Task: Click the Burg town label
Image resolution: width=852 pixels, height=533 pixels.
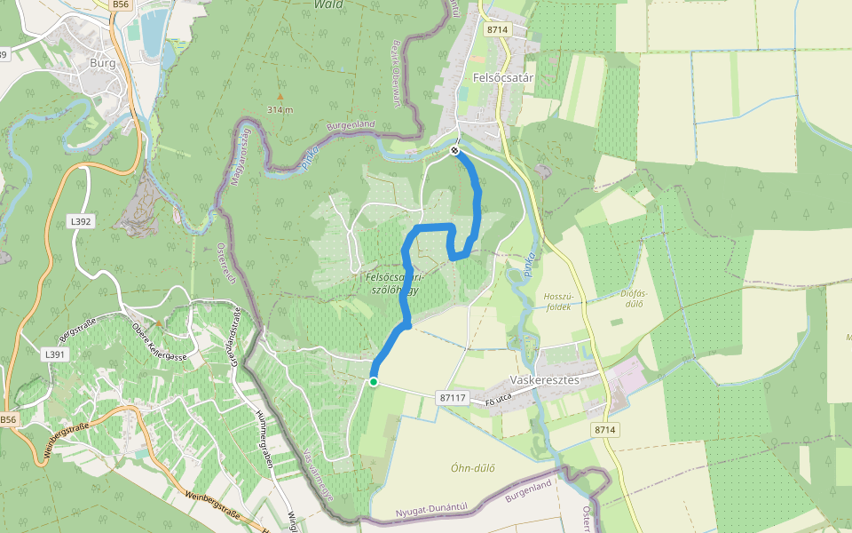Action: click(104, 64)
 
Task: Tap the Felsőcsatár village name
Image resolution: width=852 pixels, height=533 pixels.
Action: click(502, 78)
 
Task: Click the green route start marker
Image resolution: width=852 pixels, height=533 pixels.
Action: click(374, 382)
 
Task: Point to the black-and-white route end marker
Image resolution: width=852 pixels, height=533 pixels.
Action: click(454, 151)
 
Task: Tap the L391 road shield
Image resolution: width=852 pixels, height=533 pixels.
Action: click(55, 354)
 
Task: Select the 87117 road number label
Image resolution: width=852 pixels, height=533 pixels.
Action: click(453, 397)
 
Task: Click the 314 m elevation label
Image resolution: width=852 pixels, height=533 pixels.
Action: click(280, 109)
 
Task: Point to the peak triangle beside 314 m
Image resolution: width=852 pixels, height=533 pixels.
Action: click(280, 96)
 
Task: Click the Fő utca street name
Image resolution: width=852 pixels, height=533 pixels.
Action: click(501, 404)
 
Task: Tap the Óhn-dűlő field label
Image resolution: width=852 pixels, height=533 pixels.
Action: click(472, 468)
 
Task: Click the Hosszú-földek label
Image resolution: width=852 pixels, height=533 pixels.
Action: click(558, 301)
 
